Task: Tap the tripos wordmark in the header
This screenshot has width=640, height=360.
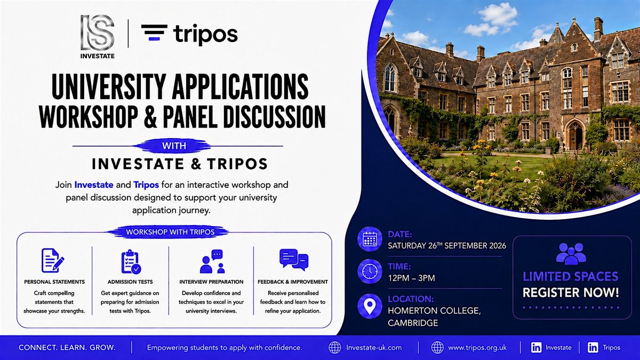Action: [205, 35]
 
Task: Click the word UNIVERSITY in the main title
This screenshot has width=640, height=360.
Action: [108, 86]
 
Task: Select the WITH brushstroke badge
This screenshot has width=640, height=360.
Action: [174, 146]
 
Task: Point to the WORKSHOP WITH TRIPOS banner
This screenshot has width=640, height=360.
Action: [170, 232]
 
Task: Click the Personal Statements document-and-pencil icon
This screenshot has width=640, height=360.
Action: [53, 260]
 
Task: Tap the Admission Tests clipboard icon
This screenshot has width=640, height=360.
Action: [131, 261]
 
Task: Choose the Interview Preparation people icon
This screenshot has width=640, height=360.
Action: [213, 261]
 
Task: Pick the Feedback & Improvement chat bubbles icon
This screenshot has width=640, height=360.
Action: [294, 260]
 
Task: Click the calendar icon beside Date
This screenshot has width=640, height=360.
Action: [370, 239]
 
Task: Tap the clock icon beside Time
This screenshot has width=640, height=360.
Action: [370, 271]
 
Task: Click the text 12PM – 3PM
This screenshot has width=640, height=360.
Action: [411, 278]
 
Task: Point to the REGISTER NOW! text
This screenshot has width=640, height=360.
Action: [571, 293]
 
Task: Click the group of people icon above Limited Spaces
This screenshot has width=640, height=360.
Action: [571, 253]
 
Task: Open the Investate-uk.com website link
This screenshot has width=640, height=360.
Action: [374, 348]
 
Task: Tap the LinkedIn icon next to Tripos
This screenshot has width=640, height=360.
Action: [593, 347]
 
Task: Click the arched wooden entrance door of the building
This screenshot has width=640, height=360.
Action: [574, 137]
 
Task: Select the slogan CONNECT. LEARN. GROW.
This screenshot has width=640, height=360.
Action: [67, 348]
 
